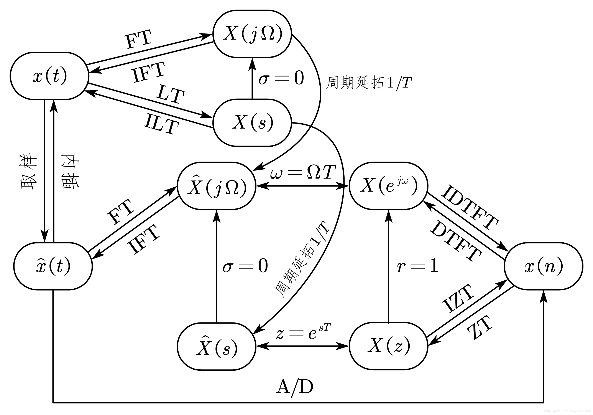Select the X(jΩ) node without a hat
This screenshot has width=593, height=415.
tap(252, 34)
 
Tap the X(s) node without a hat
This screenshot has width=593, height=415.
tap(252, 122)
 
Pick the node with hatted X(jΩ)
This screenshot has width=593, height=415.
tap(216, 186)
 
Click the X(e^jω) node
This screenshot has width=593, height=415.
tap(388, 186)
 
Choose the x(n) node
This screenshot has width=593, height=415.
tap(543, 266)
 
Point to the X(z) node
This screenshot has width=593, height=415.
tap(388, 346)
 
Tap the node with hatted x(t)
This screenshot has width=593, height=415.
tap(53, 266)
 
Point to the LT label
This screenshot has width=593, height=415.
tap(171, 94)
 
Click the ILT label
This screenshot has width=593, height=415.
tap(161, 124)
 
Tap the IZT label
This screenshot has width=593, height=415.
tap(458, 298)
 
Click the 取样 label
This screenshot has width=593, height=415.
tap(29, 172)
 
